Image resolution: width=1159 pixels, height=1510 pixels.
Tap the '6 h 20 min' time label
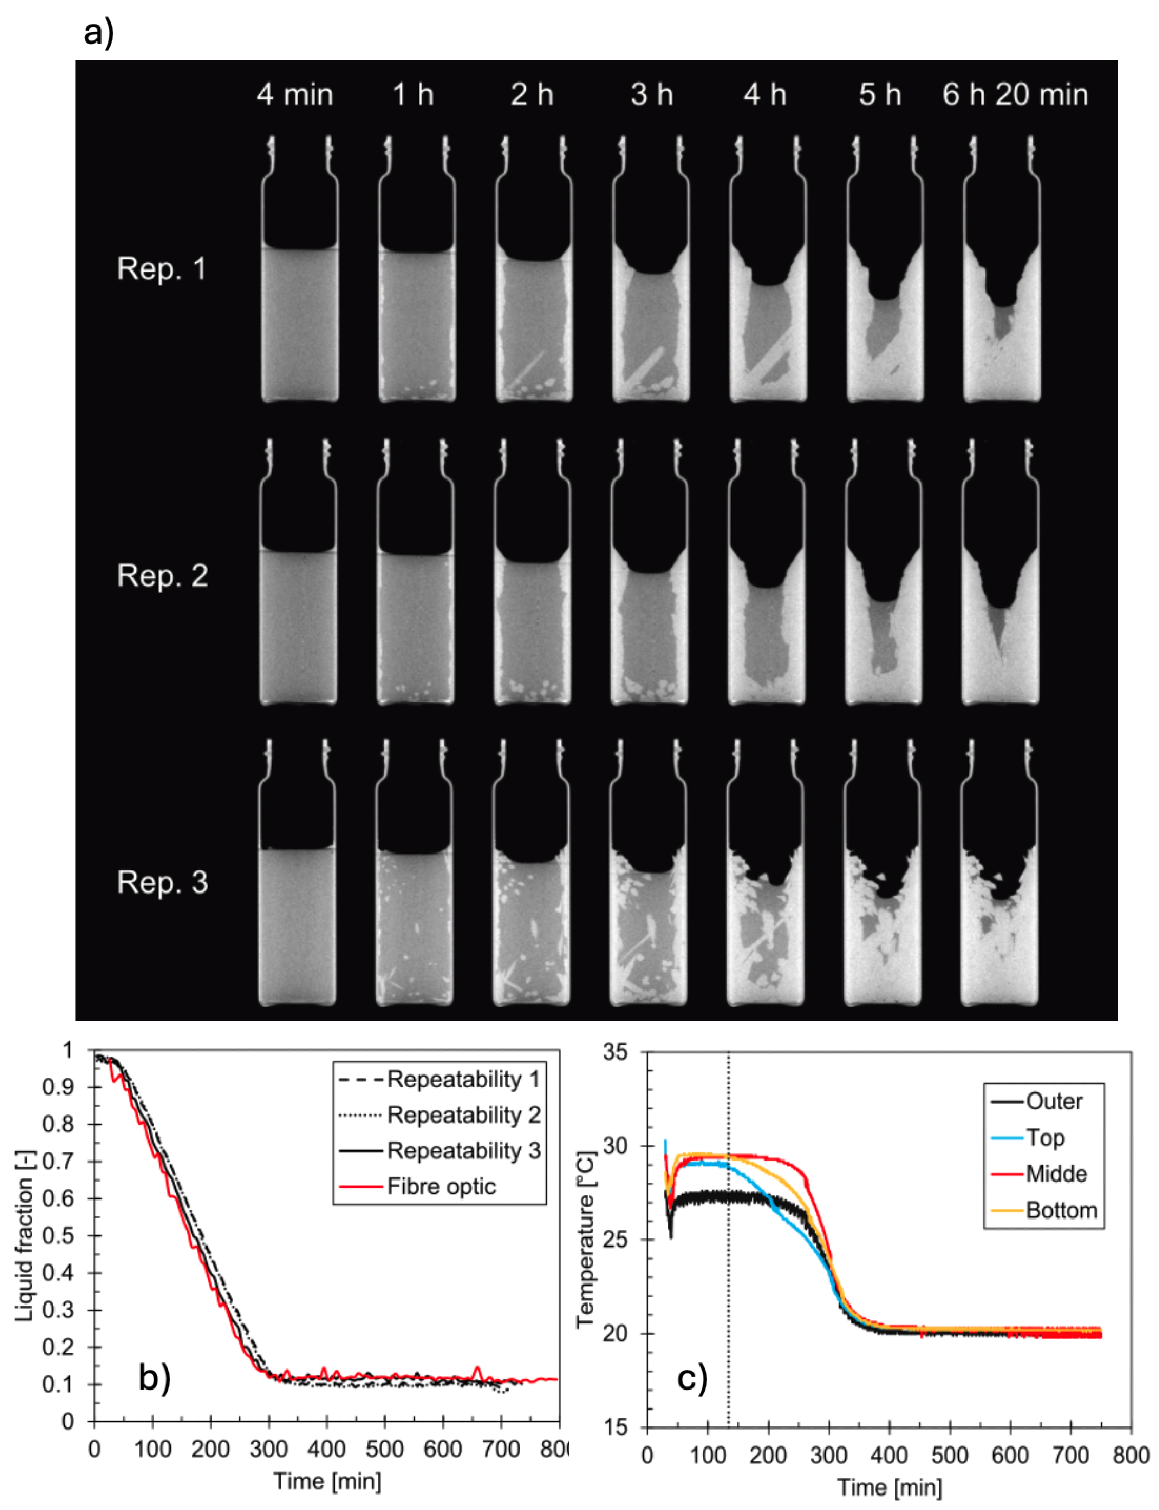(x=1015, y=94)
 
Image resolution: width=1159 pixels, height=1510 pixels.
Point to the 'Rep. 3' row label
(x=162, y=882)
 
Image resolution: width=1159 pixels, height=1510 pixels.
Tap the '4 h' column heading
(x=764, y=94)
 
